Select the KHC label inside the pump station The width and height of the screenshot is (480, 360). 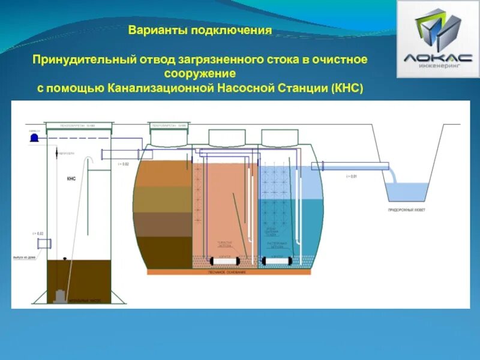click(71, 178)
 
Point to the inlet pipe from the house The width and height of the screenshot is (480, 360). click(44, 244)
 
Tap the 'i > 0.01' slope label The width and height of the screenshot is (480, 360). click(352, 176)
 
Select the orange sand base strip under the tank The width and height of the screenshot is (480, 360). click(230, 272)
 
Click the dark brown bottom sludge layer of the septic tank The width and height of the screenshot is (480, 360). click(165, 251)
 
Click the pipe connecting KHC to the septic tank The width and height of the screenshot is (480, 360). click(120, 154)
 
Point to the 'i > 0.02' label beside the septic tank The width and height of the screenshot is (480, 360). click(123, 164)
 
